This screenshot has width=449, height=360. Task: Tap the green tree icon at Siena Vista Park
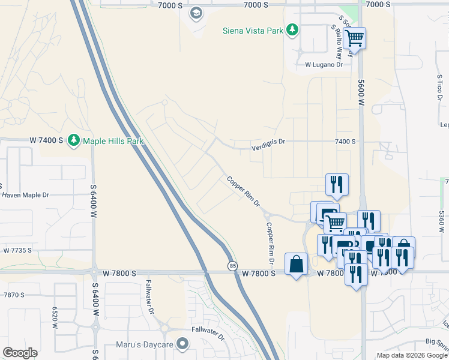[292, 30]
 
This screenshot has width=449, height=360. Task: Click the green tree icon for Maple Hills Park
[74, 140]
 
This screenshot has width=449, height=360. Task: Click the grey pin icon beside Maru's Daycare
[184, 344]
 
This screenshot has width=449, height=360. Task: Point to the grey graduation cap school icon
[196, 13]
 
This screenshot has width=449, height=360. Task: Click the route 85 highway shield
[232, 265]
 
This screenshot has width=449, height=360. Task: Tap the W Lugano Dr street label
[324, 64]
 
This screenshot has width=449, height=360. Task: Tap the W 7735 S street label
[17, 250]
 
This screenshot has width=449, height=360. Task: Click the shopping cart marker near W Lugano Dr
[355, 38]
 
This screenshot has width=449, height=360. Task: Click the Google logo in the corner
[20, 353]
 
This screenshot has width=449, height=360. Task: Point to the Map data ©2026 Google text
[412, 355]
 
